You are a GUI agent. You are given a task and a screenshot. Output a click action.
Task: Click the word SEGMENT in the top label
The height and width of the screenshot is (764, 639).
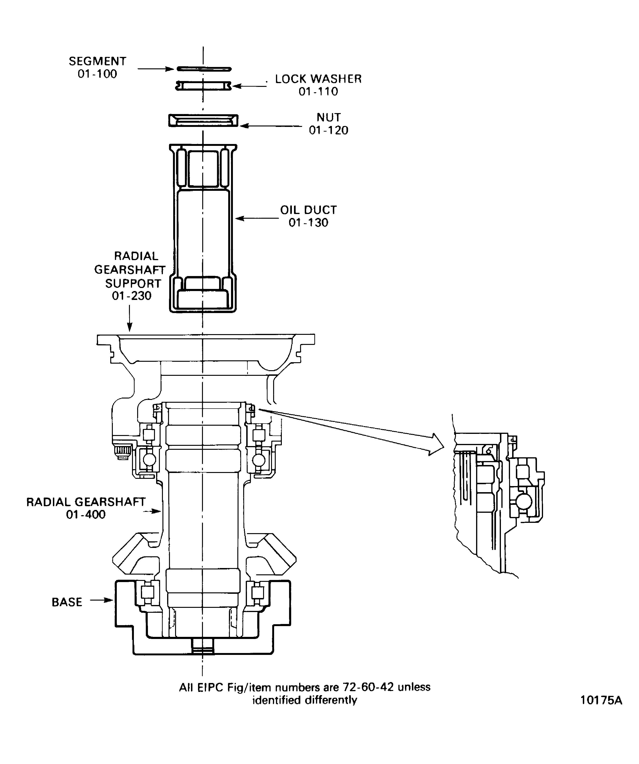click(x=97, y=61)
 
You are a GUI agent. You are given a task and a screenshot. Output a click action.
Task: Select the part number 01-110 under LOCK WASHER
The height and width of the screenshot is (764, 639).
click(x=318, y=91)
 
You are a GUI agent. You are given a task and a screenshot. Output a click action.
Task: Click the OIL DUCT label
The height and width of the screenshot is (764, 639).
click(x=308, y=210)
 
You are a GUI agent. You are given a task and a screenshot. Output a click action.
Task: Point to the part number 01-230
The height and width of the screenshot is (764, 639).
click(x=132, y=296)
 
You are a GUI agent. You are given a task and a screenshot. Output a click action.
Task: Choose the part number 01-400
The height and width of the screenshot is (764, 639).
click(x=86, y=514)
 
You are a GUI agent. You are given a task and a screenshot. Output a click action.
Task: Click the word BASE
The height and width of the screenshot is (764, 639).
click(x=67, y=602)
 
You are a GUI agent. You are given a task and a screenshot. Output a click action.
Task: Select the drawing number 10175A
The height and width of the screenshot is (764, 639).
click(x=601, y=700)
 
